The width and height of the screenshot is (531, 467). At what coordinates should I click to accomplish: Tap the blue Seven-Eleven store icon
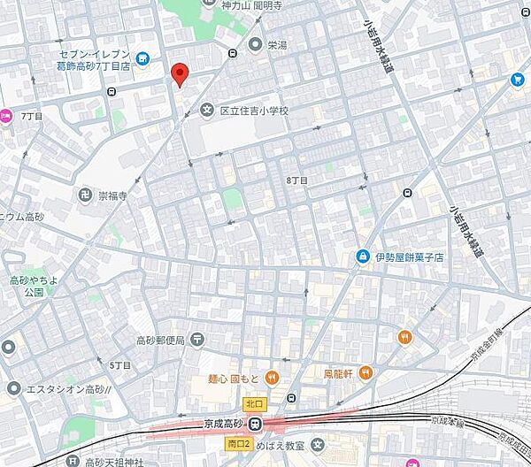tap(143, 58)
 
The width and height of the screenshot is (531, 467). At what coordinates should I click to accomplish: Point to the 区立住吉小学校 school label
tap(254, 111)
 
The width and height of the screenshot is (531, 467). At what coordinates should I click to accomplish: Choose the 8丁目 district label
tap(297, 180)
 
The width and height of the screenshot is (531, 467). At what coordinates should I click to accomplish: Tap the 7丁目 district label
tap(32, 116)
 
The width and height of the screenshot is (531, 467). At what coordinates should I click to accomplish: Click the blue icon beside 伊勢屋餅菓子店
tap(362, 256)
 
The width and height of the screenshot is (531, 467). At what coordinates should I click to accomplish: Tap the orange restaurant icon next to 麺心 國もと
tap(272, 378)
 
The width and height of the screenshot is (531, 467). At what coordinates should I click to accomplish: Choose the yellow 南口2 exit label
tap(239, 442)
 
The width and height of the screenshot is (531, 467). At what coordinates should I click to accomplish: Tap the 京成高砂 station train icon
tap(256, 423)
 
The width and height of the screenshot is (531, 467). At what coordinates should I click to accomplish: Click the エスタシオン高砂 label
tap(66, 388)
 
